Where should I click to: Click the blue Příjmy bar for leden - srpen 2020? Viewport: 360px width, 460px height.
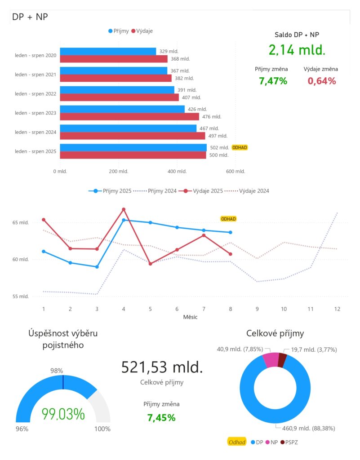point(108,51)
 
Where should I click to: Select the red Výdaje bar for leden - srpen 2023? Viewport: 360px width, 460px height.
point(129,117)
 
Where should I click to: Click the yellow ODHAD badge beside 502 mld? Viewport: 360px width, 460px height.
point(240,147)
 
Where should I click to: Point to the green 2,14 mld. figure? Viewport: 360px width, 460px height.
point(297,49)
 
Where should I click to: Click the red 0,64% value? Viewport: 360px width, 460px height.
point(322,81)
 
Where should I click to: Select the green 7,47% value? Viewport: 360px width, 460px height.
point(273,81)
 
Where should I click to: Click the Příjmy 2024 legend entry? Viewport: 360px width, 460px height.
point(157,191)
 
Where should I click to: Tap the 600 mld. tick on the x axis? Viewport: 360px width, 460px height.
point(236,171)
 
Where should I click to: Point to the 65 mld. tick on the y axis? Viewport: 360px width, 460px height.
point(21,222)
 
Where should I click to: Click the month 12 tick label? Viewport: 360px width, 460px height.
point(337,309)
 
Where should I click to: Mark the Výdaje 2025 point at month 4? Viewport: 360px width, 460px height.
point(124,209)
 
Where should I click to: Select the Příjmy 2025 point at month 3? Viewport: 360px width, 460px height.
point(97,267)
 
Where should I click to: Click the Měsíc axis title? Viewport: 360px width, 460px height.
point(190,317)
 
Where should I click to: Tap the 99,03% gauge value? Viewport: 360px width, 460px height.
point(63,414)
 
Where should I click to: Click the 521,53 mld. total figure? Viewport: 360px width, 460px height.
point(162,367)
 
